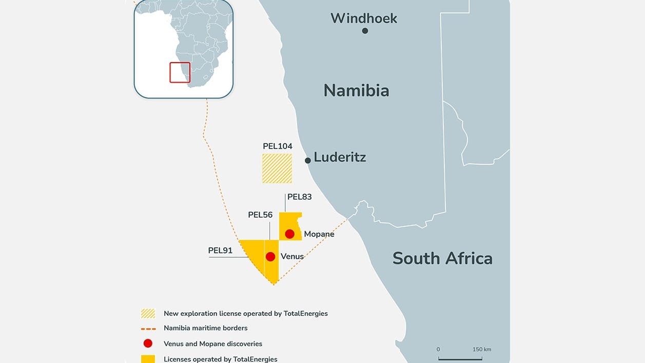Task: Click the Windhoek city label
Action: (x=364, y=18)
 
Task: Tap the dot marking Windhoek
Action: (x=365, y=31)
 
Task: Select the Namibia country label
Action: (x=356, y=91)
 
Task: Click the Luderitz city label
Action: (x=340, y=157)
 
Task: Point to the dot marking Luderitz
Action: (x=308, y=161)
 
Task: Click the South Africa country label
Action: (x=442, y=258)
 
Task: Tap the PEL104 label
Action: (x=278, y=146)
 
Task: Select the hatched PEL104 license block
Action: (x=277, y=168)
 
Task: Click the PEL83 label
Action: (x=300, y=197)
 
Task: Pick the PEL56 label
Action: (x=260, y=215)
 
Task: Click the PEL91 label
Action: (x=220, y=251)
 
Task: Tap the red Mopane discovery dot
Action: (x=290, y=234)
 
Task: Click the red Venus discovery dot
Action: (x=270, y=257)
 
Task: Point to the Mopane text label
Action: (x=319, y=234)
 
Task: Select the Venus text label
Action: (x=292, y=256)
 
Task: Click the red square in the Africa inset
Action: (x=180, y=72)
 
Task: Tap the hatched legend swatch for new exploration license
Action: (x=148, y=313)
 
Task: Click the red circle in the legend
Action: (x=148, y=343)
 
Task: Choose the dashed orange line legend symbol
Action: (x=148, y=329)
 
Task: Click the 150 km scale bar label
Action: (x=482, y=350)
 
